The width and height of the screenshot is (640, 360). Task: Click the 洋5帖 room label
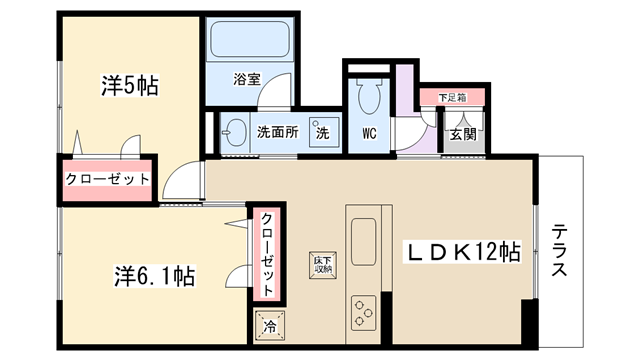tap(130, 86)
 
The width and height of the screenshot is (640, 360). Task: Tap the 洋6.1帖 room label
tap(155, 276)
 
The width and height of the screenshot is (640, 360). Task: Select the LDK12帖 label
tap(463, 251)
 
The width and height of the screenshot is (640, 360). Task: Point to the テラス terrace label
tap(559, 251)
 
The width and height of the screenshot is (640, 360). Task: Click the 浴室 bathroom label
tap(247, 79)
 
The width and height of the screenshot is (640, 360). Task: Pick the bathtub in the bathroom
tap(250, 39)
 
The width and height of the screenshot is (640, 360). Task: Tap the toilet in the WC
tap(369, 96)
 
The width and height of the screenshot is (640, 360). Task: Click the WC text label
tap(369, 133)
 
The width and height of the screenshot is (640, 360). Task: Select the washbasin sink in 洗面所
tap(235, 133)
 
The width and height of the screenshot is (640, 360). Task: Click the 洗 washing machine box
tap(324, 132)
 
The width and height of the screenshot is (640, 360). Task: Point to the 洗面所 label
tap(278, 132)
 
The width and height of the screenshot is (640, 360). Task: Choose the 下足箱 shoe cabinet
tap(453, 98)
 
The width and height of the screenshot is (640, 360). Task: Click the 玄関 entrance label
tap(463, 133)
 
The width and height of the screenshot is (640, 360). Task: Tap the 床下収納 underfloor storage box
tap(323, 265)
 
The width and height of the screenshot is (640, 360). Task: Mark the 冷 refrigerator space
tap(269, 326)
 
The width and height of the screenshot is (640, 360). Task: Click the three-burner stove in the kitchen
tap(363, 313)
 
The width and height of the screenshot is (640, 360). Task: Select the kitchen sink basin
tap(363, 242)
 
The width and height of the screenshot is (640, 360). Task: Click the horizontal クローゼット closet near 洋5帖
tap(107, 180)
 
